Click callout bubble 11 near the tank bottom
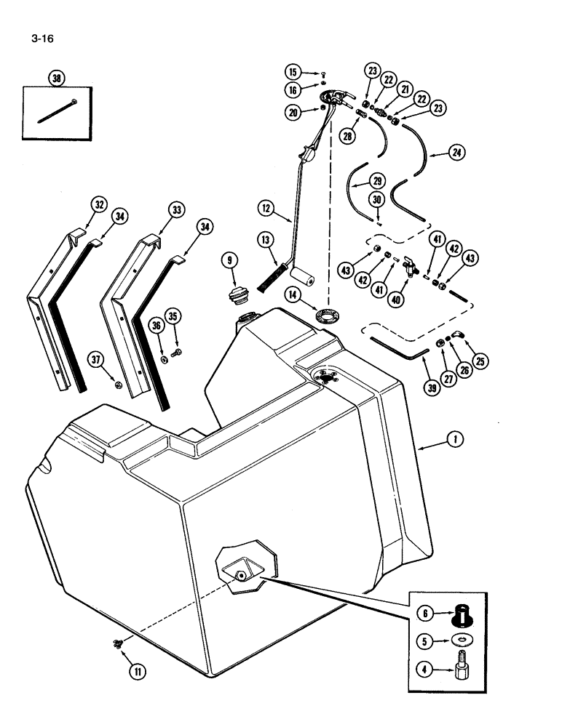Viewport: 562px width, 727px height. coord(135,672)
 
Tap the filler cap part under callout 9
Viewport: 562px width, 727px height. coord(237,299)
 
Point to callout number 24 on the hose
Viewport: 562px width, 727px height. coord(458,153)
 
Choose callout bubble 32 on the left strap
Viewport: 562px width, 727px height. coord(98,204)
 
